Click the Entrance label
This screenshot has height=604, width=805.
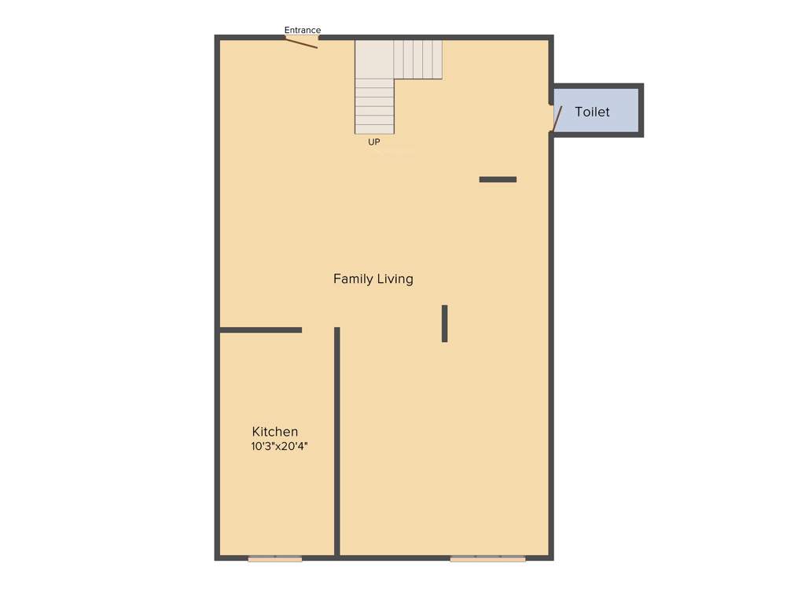pyautogui.click(x=303, y=31)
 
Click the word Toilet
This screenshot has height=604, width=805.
pyautogui.click(x=592, y=112)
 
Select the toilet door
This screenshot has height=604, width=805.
pyautogui.click(x=557, y=119)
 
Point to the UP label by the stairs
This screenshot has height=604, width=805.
pyautogui.click(x=374, y=142)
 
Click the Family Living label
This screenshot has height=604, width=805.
pyautogui.click(x=373, y=279)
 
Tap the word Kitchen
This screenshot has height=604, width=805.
pyautogui.click(x=275, y=432)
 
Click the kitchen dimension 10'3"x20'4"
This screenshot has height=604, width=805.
pyautogui.click(x=279, y=447)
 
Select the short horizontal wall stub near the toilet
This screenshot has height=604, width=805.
pyautogui.click(x=498, y=179)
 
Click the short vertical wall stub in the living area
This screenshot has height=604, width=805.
pyautogui.click(x=444, y=323)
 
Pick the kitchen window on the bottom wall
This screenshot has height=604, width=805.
pyautogui.click(x=275, y=559)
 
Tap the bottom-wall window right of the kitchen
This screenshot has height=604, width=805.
pyautogui.click(x=487, y=559)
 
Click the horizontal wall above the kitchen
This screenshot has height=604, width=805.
pyautogui.click(x=260, y=330)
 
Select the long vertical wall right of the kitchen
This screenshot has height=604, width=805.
pyautogui.click(x=337, y=440)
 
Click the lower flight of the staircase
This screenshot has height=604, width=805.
pyautogui.click(x=374, y=106)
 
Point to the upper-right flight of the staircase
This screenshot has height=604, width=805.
pyautogui.click(x=418, y=60)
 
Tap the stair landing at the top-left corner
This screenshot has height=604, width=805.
pyautogui.click(x=374, y=59)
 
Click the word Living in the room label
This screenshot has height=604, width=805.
pyautogui.click(x=395, y=279)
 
